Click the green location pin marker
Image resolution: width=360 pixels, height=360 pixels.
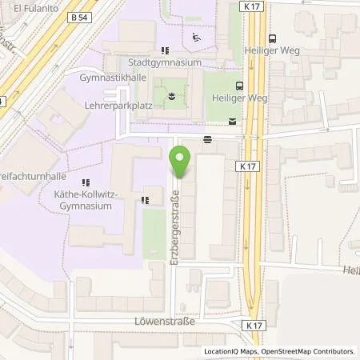[181, 164]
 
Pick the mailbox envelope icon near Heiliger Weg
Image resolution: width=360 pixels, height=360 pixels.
[232, 122]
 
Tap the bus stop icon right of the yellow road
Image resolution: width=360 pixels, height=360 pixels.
[272, 38]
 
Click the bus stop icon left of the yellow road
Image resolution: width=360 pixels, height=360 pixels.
[238, 85]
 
